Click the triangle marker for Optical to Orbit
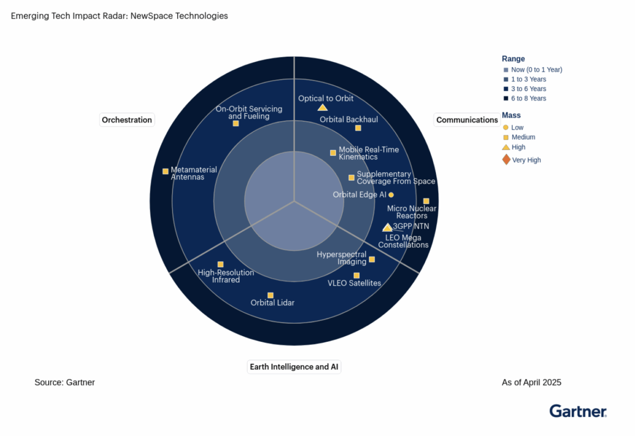(x=322, y=108)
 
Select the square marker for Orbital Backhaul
(x=358, y=128)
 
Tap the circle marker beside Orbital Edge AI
(x=391, y=195)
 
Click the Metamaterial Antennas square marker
(x=165, y=171)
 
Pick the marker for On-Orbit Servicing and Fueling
(x=235, y=123)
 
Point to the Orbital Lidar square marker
(x=270, y=295)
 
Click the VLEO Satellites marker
(x=357, y=276)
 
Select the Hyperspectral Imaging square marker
(x=372, y=259)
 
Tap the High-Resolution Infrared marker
(x=220, y=264)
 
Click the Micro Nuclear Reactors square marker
(x=426, y=201)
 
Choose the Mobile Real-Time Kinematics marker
(x=333, y=153)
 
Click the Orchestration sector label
(x=126, y=120)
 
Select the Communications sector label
(x=467, y=120)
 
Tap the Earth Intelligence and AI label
(x=294, y=367)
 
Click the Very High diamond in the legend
(x=506, y=160)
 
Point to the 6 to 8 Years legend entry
(x=525, y=98)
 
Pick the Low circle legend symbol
(x=505, y=128)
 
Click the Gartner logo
(x=578, y=411)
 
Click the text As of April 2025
(x=531, y=383)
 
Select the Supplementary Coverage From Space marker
(x=351, y=178)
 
